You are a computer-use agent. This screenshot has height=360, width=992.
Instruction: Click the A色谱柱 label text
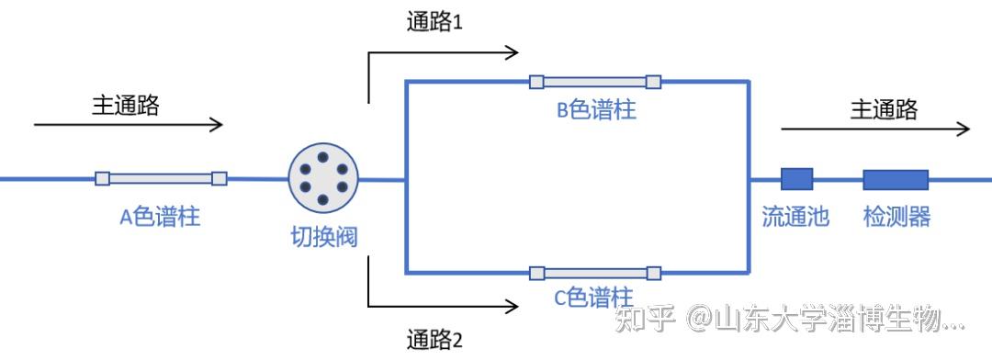[x=161, y=217]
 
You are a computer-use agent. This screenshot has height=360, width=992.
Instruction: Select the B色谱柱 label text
[x=596, y=110]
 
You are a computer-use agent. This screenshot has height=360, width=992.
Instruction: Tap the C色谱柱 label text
[x=593, y=298]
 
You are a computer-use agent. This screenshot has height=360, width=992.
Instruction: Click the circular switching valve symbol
[x=323, y=178]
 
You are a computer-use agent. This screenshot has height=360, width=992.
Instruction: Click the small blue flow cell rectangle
[x=796, y=178]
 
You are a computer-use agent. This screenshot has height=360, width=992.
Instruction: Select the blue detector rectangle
[x=895, y=178]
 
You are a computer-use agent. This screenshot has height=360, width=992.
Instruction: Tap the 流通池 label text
[x=795, y=217]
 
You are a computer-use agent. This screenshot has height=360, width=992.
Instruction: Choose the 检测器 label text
[x=896, y=217]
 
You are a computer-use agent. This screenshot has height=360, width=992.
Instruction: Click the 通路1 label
[x=434, y=22]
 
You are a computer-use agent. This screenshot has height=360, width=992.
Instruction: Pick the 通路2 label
[x=434, y=341]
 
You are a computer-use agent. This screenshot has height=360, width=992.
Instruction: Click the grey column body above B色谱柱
[x=595, y=82]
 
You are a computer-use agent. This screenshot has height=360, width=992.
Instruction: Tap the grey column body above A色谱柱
[x=161, y=178]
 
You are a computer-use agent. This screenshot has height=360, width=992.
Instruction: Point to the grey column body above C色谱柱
[x=595, y=272]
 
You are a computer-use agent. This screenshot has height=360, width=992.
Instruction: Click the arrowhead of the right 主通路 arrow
[x=964, y=129]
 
